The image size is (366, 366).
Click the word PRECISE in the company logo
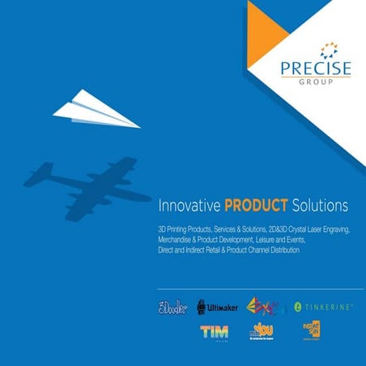[x=316, y=69]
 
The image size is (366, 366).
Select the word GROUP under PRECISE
[x=316, y=83]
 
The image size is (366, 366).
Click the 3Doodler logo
[x=172, y=307]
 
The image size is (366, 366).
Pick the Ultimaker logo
[x=216, y=307]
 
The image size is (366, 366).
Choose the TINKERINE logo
[x=324, y=307]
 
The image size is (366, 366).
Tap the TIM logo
[x=214, y=332]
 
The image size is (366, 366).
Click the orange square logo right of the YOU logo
[x=309, y=331]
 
